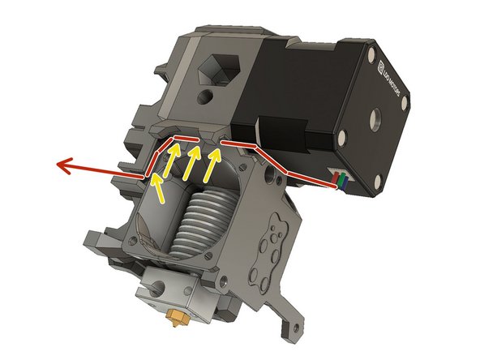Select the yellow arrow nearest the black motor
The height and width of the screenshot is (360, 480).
click(212, 163)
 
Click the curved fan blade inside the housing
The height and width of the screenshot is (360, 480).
click(144, 235)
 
